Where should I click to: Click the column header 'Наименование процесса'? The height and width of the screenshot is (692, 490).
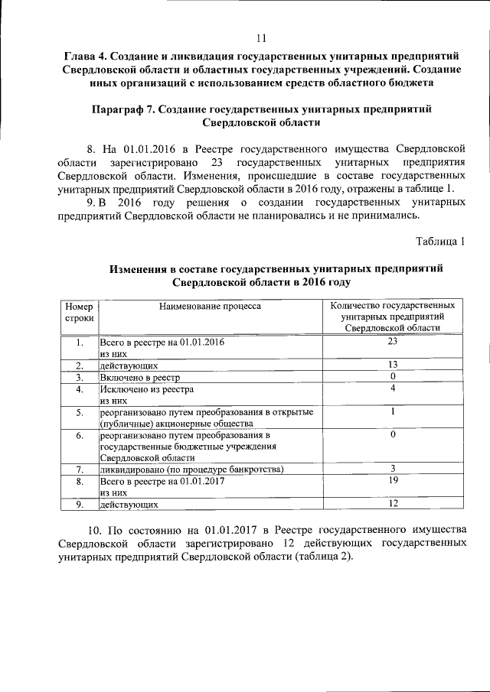pyautogui.click(x=210, y=306)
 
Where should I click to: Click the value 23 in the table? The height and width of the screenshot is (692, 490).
pyautogui.click(x=393, y=341)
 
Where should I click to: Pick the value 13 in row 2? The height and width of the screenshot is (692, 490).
pyautogui.click(x=393, y=365)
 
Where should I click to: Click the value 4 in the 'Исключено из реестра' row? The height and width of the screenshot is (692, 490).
pyautogui.click(x=393, y=388)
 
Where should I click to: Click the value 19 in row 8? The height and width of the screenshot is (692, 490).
pyautogui.click(x=393, y=481)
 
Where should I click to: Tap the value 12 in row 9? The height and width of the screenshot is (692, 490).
pyautogui.click(x=393, y=505)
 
